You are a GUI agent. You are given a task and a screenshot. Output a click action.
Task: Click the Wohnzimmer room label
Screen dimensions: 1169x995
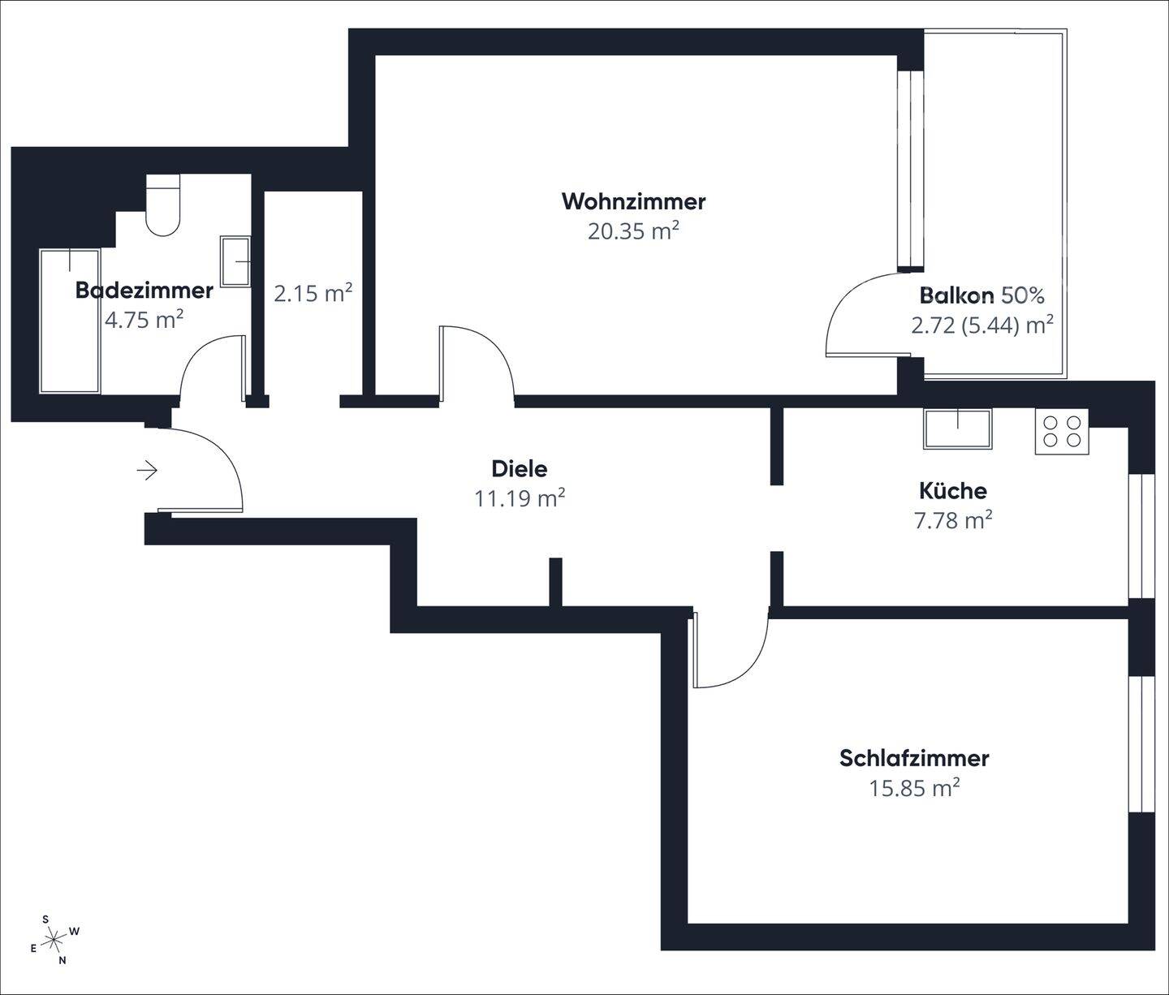[x=633, y=201]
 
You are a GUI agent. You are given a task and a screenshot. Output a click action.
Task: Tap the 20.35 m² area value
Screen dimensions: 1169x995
[x=633, y=231]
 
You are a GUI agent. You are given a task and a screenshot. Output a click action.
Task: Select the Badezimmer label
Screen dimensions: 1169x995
[x=144, y=290]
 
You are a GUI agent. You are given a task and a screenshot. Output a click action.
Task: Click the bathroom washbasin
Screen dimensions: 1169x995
[x=235, y=261]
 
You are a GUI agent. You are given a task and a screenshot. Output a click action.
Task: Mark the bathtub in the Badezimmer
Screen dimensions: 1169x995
[x=70, y=321]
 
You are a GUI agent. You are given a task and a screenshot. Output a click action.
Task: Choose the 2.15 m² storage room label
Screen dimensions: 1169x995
[x=313, y=292]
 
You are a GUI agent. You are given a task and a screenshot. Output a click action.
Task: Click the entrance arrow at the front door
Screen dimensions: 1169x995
[x=148, y=470]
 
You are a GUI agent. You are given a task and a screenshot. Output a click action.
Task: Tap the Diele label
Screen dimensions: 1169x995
[x=520, y=468]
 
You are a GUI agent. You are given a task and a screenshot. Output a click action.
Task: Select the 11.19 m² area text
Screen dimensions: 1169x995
[x=520, y=497]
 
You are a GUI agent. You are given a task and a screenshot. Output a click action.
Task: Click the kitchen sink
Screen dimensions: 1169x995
[x=957, y=428]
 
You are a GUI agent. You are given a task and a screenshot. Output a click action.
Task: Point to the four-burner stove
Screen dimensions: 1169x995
[x=1062, y=431]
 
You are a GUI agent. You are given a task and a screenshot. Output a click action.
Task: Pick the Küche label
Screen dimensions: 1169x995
[x=953, y=490]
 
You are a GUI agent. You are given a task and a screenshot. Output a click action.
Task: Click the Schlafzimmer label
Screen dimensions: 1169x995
[x=914, y=758]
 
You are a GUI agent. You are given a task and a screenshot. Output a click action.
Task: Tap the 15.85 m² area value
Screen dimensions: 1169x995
[x=914, y=787]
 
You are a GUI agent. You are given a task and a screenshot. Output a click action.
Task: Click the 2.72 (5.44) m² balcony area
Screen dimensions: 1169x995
[x=982, y=325]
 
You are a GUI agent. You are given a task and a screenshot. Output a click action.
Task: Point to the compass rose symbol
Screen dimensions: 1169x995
[x=54, y=940]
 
